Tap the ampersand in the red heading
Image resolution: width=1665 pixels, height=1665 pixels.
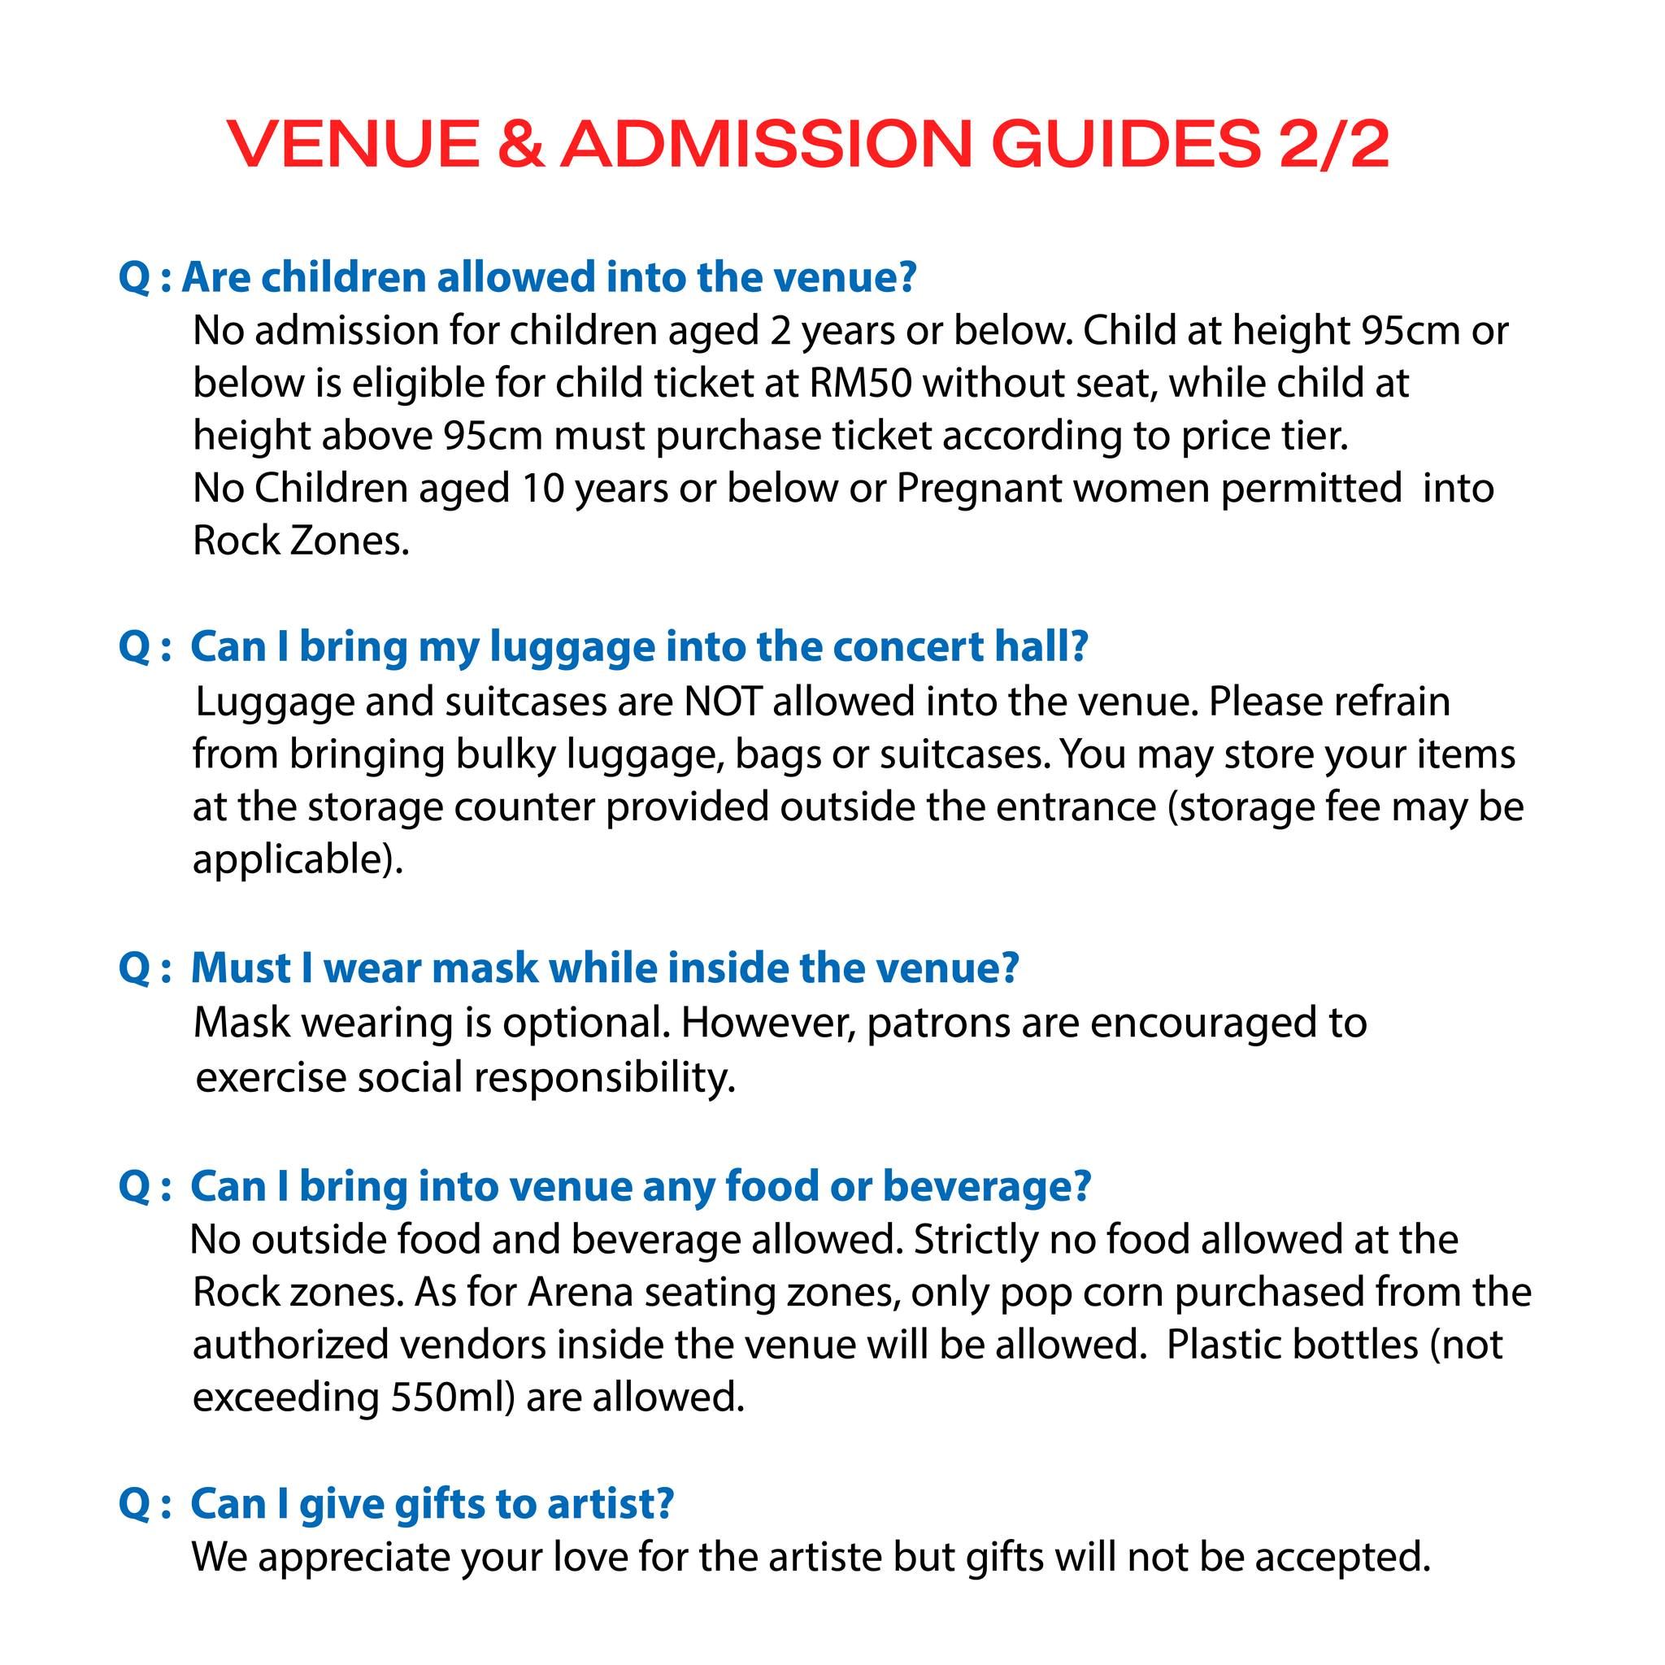pos(520,144)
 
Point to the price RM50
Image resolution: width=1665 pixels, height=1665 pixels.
pos(860,384)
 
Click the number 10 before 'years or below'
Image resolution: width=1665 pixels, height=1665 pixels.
pos(543,489)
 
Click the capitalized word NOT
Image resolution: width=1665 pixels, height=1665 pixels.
pos(722,702)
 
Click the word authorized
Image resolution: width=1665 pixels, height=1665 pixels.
pos(297,1345)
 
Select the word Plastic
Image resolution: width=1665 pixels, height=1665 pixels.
pos(1223,1345)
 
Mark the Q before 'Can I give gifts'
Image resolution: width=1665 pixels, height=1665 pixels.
pos(134,1504)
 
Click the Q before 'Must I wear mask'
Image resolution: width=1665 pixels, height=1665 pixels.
pos(134,967)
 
